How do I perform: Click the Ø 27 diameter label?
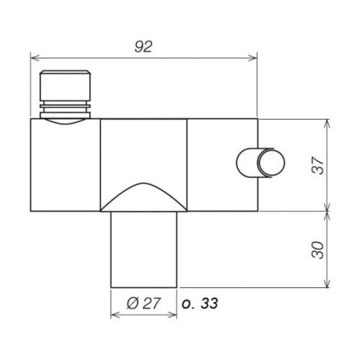(x=143, y=304)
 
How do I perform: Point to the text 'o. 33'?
(x=201, y=304)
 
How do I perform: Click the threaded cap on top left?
(x=65, y=86)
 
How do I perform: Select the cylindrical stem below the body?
(x=143, y=248)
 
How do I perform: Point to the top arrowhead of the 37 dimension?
(x=329, y=122)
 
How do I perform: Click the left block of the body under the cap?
(x=65, y=166)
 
